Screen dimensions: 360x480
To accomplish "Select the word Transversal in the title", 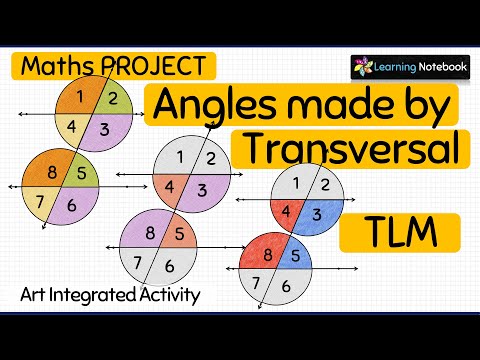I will point(351,147).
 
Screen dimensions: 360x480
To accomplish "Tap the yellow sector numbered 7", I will point(42,200).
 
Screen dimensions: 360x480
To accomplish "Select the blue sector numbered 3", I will point(315,214).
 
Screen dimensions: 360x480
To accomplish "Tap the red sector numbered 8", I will point(264,254).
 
